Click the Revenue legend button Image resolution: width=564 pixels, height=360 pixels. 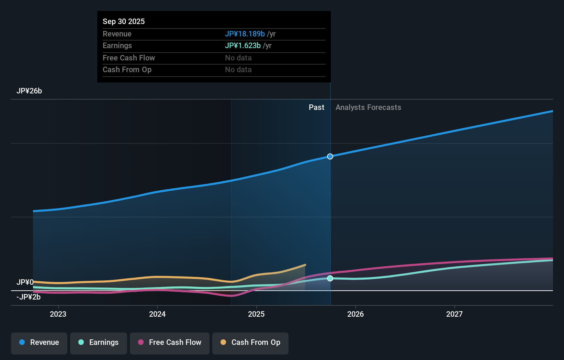tap(39, 342)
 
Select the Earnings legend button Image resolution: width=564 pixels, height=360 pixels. tap(99, 342)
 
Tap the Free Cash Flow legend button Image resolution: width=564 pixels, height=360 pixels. tap(170, 342)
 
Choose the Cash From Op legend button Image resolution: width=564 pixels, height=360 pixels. tap(250, 342)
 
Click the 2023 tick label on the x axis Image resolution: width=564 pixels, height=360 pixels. tap(58, 314)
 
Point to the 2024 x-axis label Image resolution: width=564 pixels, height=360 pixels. tap(157, 314)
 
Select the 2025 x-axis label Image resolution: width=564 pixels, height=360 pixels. tap(256, 314)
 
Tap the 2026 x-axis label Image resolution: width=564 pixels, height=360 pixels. tap(356, 314)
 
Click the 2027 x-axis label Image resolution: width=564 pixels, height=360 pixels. tap(454, 314)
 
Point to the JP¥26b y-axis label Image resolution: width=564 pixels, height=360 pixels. tap(29, 91)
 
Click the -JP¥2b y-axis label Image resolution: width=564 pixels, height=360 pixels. tap(29, 297)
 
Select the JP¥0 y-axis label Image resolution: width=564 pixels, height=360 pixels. tap(25, 282)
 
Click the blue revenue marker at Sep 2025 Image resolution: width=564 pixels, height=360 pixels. tap(330, 157)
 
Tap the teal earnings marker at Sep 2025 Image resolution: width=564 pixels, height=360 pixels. tap(330, 278)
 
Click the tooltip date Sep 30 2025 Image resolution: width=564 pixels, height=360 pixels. tap(124, 21)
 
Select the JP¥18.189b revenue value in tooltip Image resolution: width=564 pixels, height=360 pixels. tap(245, 34)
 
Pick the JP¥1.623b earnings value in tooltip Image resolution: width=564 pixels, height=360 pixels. tap(242, 45)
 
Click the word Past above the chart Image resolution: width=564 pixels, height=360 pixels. tap(316, 108)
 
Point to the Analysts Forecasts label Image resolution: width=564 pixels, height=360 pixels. tap(368, 108)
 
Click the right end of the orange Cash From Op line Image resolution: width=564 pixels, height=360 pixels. tap(305, 265)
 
